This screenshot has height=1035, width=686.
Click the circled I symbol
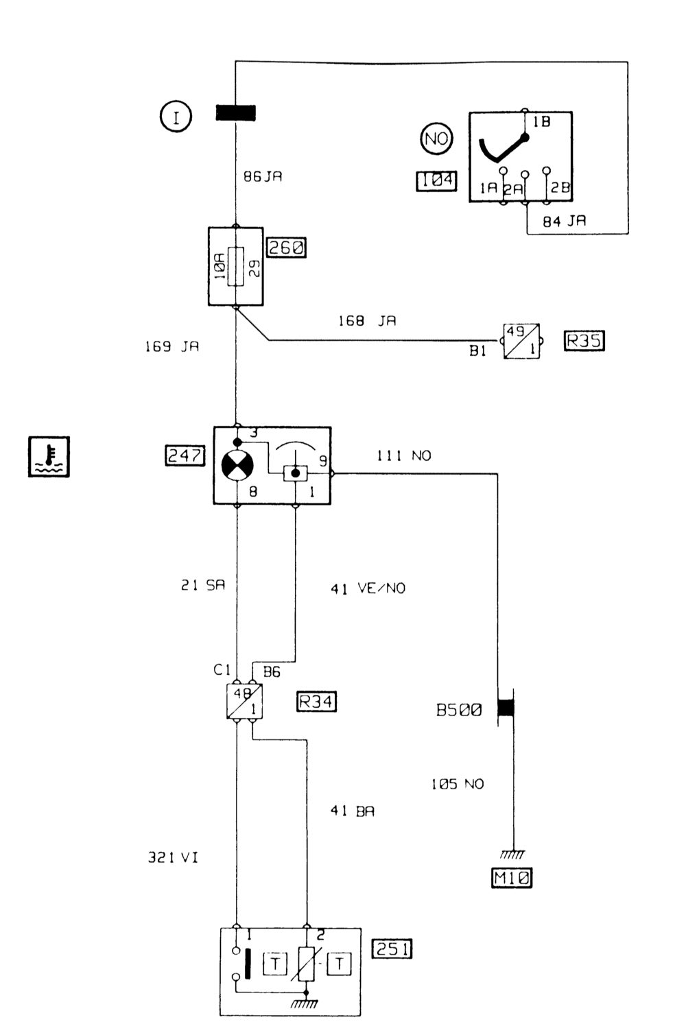point(176,116)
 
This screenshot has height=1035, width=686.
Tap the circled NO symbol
point(436,138)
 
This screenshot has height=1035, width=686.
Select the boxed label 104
point(436,180)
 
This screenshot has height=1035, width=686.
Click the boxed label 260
point(286,248)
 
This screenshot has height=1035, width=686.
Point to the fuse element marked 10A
point(236,267)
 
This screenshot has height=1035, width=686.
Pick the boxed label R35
point(584,341)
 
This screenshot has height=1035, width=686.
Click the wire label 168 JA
point(367,321)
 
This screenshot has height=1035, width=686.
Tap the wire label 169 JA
point(172,346)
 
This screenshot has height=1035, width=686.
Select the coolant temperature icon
point(49,457)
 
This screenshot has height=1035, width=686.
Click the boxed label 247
point(185,456)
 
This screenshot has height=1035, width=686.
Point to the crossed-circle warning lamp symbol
point(237,465)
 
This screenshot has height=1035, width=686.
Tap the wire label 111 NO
point(404,456)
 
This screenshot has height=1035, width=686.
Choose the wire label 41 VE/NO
point(368,588)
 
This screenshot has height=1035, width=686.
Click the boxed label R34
point(316,702)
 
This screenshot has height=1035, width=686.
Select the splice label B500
point(458,710)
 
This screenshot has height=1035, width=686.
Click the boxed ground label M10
point(511,877)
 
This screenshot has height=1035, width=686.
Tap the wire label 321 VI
point(172,857)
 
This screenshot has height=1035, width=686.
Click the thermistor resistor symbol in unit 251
point(306,964)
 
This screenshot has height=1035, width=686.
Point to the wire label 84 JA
point(564,222)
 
